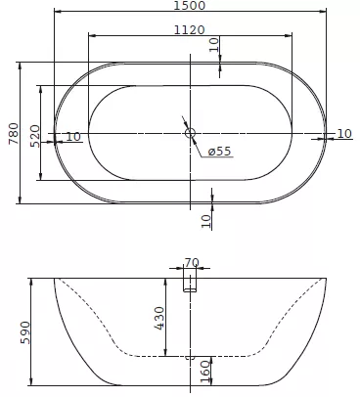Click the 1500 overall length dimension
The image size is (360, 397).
click(x=190, y=5)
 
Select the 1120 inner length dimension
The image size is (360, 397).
click(x=189, y=30)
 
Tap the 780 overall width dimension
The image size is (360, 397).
click(x=14, y=133)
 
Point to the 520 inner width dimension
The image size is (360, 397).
click(x=34, y=136)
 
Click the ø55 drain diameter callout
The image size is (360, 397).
click(x=219, y=151)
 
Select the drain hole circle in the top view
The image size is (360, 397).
click(x=190, y=133)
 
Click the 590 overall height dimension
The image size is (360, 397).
click(x=25, y=332)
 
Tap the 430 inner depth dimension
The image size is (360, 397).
click(x=160, y=318)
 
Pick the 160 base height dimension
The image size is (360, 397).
click(x=205, y=372)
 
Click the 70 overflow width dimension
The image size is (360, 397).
click(x=192, y=262)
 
